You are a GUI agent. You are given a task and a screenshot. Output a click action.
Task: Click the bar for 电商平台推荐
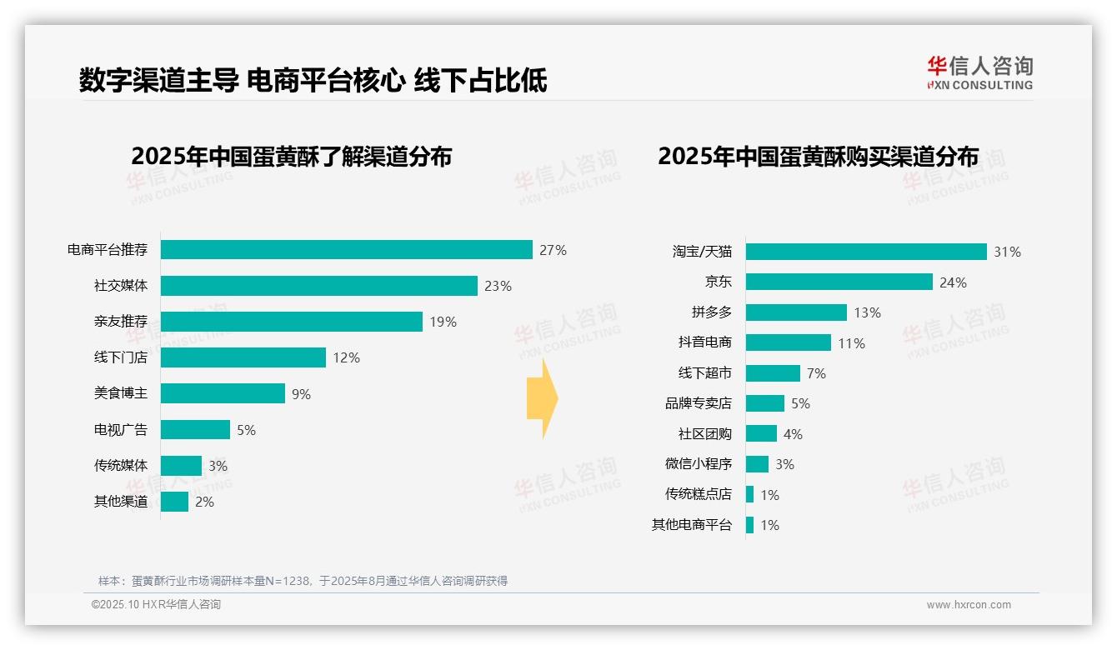pos(346,250)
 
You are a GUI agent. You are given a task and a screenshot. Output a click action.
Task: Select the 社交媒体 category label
pos(120,286)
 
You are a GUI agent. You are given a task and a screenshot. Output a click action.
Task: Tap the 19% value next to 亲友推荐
pos(443,322)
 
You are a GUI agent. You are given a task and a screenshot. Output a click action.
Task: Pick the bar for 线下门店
pos(243,357)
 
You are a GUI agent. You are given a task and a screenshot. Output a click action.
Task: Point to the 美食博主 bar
pos(223,393)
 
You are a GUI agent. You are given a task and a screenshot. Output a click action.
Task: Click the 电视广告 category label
pos(120,430)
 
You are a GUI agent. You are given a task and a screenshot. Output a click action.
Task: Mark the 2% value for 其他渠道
pos(204,502)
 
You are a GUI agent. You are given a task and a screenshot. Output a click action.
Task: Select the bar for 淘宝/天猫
pos(866,252)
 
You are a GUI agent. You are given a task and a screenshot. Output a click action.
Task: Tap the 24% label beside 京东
pos(953,282)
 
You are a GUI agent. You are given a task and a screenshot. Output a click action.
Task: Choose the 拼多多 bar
pos(796,312)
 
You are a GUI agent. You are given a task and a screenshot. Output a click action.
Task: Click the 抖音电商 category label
pos(704,342)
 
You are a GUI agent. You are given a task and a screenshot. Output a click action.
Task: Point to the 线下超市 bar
pos(773,373)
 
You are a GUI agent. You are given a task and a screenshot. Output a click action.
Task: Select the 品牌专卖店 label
pos(698,403)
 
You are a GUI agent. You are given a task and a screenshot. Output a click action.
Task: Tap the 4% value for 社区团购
pos(793,434)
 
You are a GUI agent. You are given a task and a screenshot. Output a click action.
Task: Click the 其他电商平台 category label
pos(691,525)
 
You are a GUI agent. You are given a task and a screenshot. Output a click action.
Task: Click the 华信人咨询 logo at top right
pos(979,72)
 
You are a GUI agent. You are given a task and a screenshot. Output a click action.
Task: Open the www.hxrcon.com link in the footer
pos(968,605)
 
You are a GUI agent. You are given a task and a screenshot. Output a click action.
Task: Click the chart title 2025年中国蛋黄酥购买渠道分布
pos(818,157)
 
